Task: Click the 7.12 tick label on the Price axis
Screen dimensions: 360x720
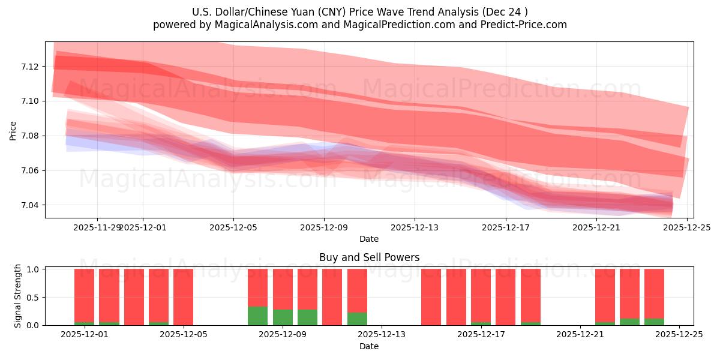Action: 30,66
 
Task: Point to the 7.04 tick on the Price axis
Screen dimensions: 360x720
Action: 30,205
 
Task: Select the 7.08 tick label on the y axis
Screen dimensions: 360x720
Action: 30,136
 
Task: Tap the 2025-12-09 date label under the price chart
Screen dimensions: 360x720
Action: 324,227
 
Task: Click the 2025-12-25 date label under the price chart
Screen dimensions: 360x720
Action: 686,227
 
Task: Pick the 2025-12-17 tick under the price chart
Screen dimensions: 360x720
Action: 505,227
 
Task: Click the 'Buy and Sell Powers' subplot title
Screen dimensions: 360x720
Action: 369,257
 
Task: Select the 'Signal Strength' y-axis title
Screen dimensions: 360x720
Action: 18,296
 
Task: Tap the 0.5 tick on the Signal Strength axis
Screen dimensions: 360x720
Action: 33,297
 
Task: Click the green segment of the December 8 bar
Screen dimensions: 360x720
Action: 257,316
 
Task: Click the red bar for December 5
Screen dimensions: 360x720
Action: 183,297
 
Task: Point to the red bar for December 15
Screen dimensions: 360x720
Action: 431,297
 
